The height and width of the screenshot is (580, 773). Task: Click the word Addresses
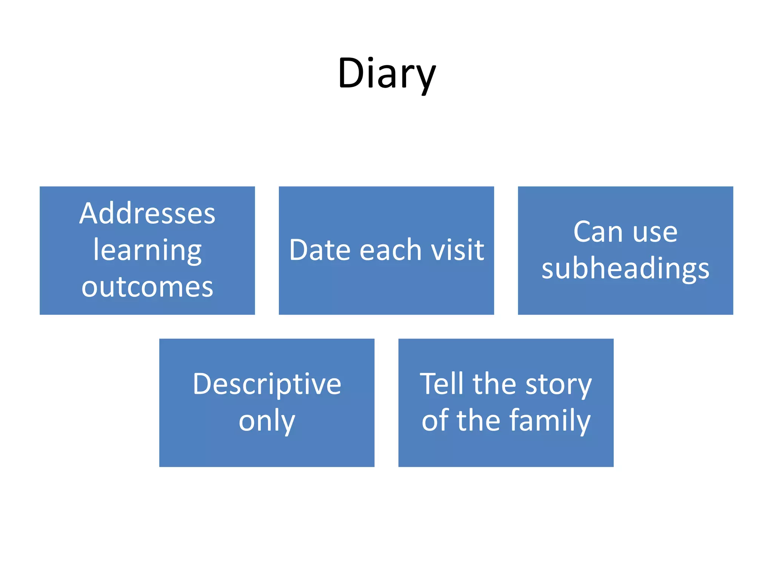(147, 214)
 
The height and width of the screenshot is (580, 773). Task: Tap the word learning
(147, 251)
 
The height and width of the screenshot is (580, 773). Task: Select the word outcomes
(147, 287)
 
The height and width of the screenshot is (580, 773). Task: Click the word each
(390, 250)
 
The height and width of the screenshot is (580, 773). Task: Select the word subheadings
(625, 269)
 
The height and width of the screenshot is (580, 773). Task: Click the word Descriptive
(267, 384)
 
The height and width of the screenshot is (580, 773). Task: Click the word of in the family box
(436, 421)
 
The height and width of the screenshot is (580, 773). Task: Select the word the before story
(494, 384)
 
